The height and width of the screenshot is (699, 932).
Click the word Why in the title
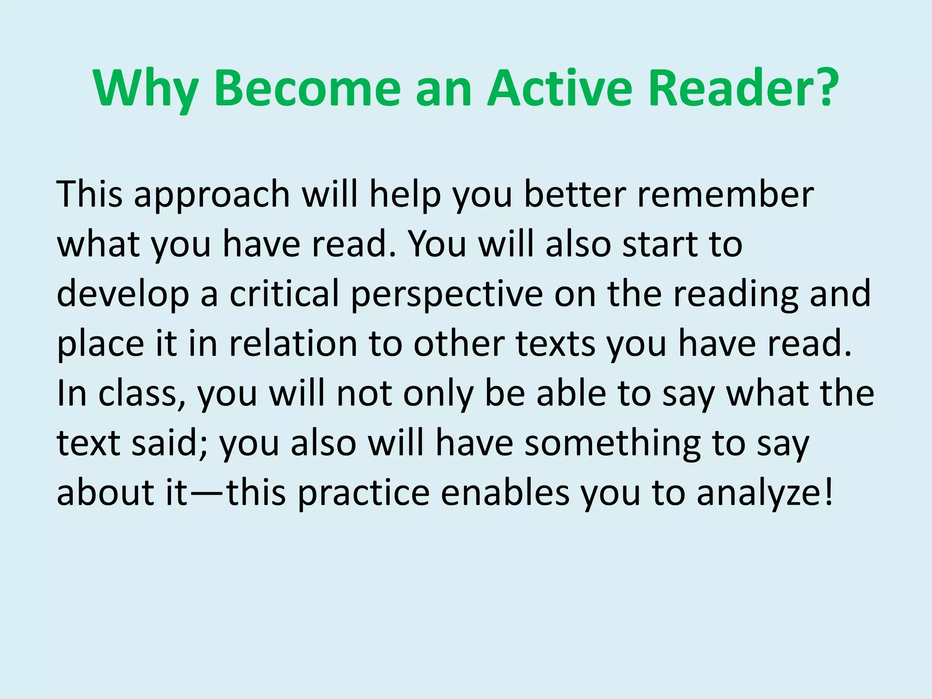(x=146, y=89)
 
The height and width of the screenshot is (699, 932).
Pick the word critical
(x=284, y=294)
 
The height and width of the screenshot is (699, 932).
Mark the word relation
(x=294, y=344)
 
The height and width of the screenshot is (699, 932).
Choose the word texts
(x=556, y=344)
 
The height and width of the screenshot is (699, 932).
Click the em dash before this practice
(x=208, y=493)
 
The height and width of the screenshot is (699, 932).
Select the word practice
(x=364, y=493)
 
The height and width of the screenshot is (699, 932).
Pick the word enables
(x=505, y=493)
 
